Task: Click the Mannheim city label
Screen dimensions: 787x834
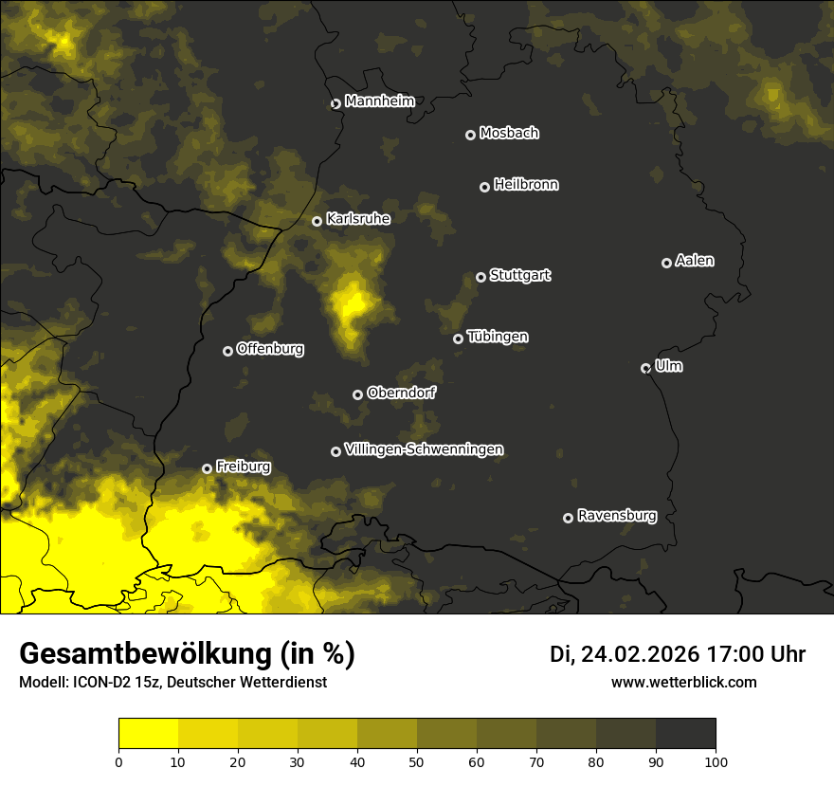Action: [x=379, y=101]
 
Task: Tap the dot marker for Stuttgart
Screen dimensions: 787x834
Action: [x=481, y=277]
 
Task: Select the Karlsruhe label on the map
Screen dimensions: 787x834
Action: [x=357, y=219]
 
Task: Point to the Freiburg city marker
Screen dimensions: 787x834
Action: [x=207, y=468]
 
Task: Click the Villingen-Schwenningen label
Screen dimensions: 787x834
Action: [x=424, y=449]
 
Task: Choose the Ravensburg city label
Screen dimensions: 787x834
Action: [x=616, y=516]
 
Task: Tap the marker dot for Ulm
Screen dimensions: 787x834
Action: [x=645, y=368]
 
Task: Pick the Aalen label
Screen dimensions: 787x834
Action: [x=695, y=261]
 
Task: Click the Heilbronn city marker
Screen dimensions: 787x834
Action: [x=484, y=187]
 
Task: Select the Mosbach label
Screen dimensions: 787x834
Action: [x=509, y=134]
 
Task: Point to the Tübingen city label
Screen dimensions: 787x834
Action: [x=498, y=337]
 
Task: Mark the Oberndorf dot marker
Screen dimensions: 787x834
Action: [x=357, y=394]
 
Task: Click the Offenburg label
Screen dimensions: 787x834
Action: [x=270, y=349]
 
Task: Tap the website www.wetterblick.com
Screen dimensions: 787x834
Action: [x=684, y=682]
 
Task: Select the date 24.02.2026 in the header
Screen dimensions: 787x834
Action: [x=640, y=654]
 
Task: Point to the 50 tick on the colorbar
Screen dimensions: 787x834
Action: [x=417, y=760]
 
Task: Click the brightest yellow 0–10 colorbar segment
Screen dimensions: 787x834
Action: [x=149, y=734]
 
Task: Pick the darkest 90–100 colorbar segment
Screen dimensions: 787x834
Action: [x=685, y=734]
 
